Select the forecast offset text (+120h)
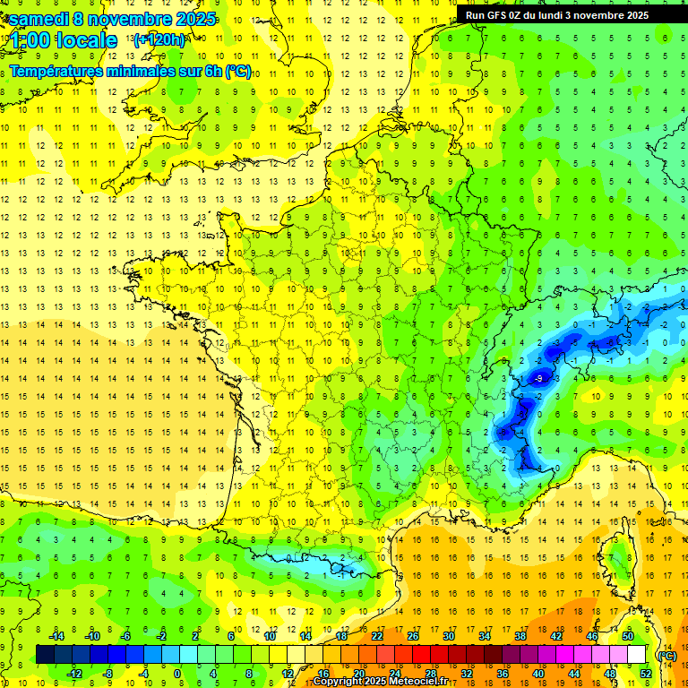(159, 39)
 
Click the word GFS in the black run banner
(498, 15)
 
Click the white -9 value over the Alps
(537, 379)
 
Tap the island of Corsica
(618, 560)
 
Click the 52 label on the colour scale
(646, 674)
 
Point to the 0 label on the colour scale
(177, 674)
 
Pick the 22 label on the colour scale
(377, 635)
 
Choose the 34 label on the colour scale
(485, 635)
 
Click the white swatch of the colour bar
(637, 655)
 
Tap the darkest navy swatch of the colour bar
(45, 655)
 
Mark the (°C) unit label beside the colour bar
(666, 655)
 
